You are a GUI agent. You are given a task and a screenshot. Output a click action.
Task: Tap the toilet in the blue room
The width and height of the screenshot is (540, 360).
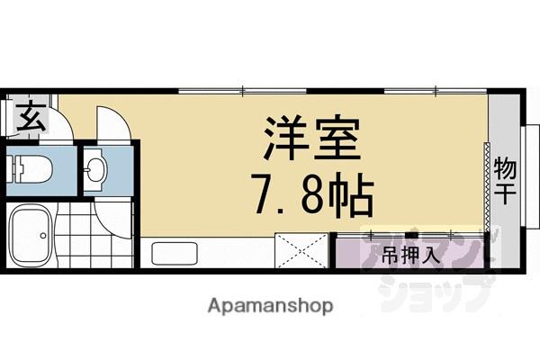(36, 167)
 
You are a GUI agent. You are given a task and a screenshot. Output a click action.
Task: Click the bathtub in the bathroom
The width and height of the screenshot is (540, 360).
(32, 236)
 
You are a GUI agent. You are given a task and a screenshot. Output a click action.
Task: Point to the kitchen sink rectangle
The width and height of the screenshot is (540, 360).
(174, 253)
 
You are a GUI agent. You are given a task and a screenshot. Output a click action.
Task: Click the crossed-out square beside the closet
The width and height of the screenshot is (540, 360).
(300, 250)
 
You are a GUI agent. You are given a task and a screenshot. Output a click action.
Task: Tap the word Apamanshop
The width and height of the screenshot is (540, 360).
(269, 305)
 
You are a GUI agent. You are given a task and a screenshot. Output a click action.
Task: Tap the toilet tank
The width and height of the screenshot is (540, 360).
(17, 167)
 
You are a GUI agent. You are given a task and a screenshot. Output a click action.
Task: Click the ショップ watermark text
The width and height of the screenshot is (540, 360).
(450, 289)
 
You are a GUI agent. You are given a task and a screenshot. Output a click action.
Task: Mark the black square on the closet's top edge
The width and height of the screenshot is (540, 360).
(490, 237)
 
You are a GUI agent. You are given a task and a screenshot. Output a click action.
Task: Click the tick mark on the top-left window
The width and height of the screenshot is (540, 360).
(244, 89)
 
